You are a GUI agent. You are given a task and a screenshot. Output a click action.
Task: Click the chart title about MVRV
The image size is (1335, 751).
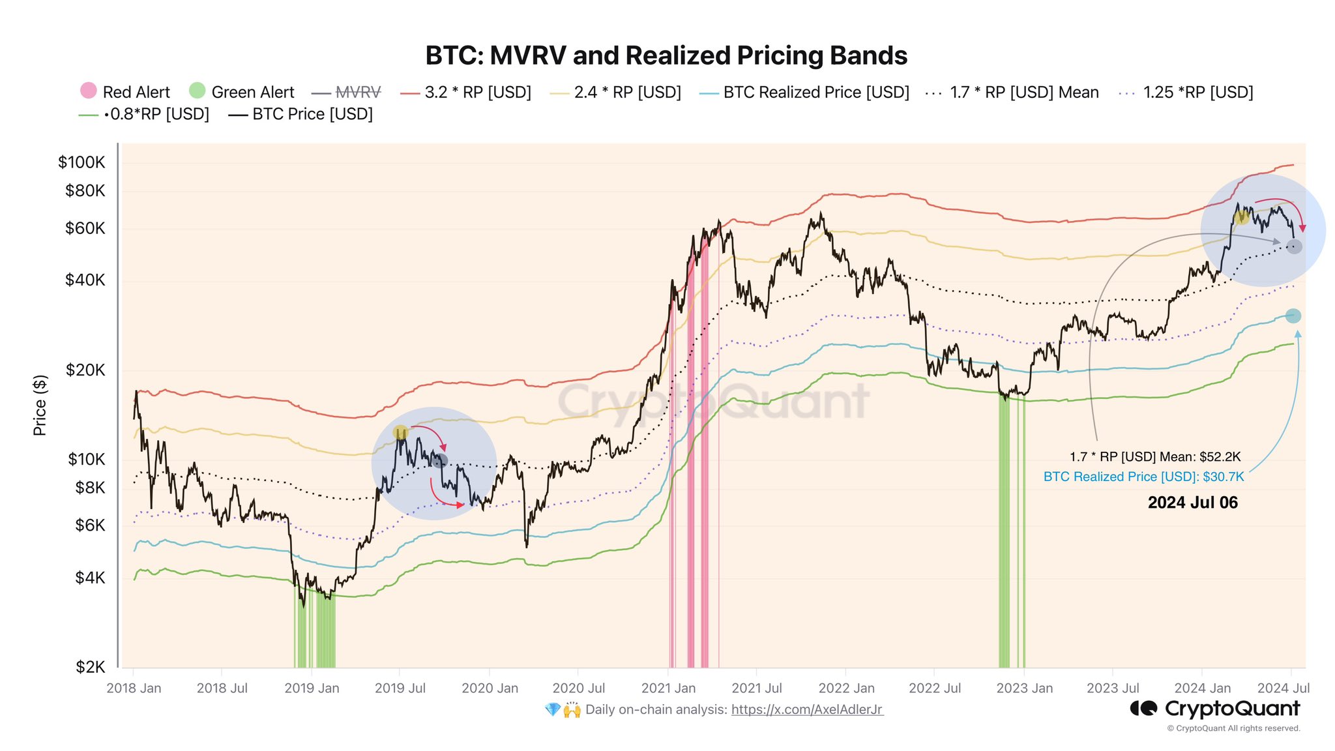pos(666,56)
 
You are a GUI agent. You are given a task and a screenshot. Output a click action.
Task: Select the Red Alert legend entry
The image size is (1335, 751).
pos(125,92)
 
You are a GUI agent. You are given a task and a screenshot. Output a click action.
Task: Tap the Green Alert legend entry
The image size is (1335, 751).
pos(242,92)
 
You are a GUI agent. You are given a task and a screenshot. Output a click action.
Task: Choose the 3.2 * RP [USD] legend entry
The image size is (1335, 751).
pos(466,93)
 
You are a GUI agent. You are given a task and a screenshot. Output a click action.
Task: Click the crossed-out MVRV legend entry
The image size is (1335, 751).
pos(347,93)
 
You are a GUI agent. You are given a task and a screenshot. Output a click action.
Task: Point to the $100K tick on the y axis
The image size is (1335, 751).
pos(81,162)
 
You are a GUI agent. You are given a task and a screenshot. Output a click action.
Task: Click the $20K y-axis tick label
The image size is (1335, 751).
pos(85,370)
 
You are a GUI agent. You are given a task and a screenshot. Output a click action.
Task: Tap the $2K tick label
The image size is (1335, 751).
pos(90,667)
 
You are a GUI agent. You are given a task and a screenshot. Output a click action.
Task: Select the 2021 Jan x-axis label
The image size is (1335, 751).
pos(668,688)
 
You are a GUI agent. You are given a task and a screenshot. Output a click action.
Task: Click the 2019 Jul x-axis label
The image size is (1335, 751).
pos(400,688)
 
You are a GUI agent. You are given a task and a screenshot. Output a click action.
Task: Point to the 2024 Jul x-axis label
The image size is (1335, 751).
pos(1283,688)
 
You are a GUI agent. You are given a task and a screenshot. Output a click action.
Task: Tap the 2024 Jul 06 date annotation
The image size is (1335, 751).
pos(1192,503)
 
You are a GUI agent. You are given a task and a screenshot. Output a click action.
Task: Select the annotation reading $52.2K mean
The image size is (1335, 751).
pos(1154,457)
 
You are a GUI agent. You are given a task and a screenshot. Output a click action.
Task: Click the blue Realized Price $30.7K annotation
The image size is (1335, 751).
pos(1143,477)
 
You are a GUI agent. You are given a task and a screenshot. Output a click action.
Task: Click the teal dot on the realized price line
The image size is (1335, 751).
pos(1293,316)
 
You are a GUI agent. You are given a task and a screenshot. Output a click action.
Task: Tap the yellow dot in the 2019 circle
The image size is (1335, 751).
pos(400,432)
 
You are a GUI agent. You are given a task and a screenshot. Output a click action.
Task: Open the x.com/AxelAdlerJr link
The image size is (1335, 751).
pos(807,710)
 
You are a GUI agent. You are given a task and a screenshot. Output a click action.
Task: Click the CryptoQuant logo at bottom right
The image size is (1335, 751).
pos(1214,709)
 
